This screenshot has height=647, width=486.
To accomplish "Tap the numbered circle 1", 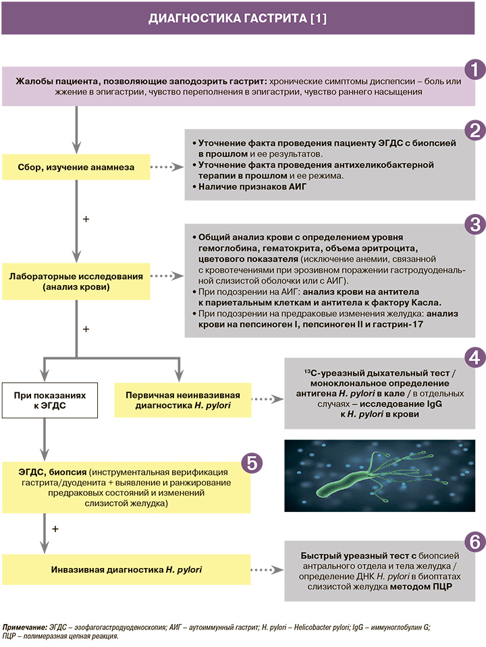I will tap(475, 69).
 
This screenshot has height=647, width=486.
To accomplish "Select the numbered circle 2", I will tap(475, 131).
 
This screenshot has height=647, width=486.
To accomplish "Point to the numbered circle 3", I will tap(475, 223).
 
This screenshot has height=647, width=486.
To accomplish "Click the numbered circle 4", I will tap(475, 357).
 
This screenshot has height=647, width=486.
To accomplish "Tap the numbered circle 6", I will tap(475, 541).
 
